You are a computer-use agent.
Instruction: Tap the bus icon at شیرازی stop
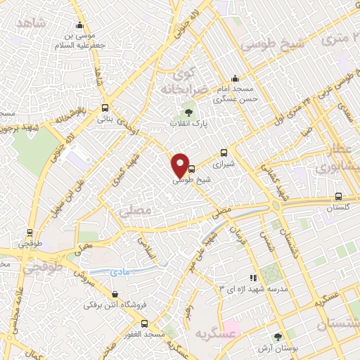[224, 152]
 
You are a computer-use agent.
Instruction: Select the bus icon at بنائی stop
[105, 108]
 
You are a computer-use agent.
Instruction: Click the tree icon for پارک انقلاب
[187, 112]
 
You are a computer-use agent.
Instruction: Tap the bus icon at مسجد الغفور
[144, 323]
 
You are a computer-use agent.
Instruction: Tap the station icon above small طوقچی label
[30, 231]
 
